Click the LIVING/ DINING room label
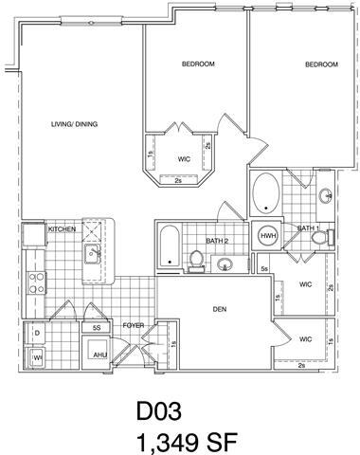74,124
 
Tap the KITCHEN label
62,228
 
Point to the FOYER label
133,325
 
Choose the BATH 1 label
307,228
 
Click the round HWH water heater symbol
267,235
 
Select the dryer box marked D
37,334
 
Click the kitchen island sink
93,252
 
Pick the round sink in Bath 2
226,264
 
